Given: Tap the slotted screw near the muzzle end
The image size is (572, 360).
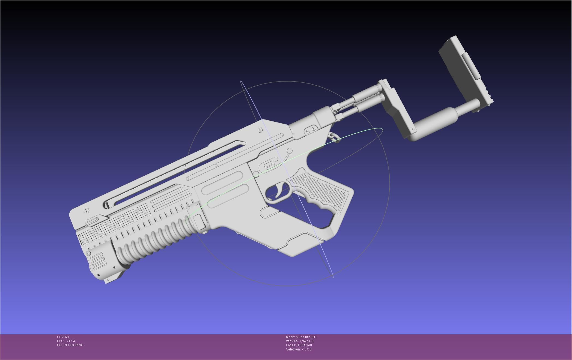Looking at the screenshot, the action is tap(87, 211).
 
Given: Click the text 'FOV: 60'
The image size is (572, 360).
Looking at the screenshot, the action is tap(63, 337).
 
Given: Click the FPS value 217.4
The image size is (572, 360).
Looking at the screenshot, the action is tap(71, 341).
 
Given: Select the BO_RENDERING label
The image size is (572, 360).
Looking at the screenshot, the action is tap(70, 345).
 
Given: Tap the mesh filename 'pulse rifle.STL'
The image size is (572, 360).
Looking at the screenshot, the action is tap(306, 337).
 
